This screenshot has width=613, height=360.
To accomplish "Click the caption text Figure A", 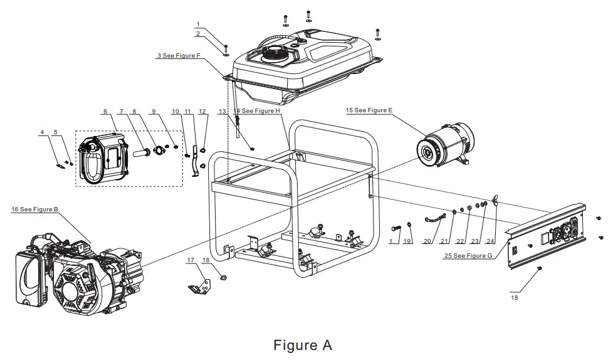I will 303,345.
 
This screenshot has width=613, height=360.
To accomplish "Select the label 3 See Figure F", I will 179,56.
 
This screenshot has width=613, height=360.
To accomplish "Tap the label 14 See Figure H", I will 258,111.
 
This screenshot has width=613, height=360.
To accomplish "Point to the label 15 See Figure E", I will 369,110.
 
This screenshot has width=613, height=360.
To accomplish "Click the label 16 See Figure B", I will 35,209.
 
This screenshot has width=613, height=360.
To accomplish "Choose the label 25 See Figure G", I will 468,256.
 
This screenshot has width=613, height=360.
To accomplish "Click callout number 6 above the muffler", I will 104,112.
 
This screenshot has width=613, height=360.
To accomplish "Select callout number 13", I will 222,111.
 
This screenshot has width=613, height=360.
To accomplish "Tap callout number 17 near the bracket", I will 190,260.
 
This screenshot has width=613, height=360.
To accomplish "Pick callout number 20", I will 428,241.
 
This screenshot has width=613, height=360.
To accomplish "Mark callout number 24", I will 490,241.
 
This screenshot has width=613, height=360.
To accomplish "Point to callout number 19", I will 407,241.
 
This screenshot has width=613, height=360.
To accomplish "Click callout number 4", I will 42,132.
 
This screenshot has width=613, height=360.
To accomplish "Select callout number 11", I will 187,112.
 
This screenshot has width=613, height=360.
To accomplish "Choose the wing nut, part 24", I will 495,201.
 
